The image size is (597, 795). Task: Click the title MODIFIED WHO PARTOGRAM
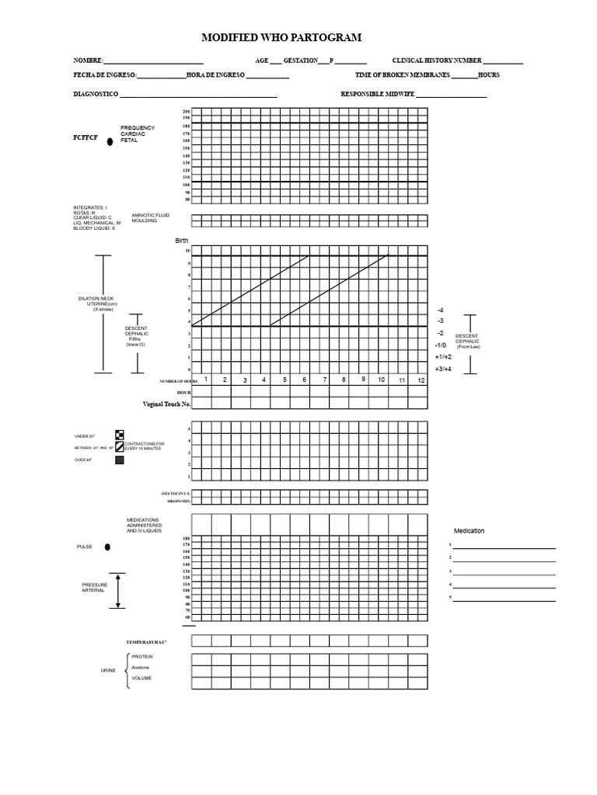pyautogui.click(x=281, y=37)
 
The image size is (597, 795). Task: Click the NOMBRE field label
pyautogui.click(x=88, y=61)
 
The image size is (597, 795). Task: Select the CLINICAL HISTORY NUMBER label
pyautogui.click(x=437, y=61)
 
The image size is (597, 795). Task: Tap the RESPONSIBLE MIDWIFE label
pyautogui.click(x=377, y=95)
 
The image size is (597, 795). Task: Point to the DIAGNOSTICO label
pyautogui.click(x=96, y=95)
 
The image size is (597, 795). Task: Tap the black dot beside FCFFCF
pyautogui.click(x=110, y=141)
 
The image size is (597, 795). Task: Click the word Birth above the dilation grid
pyautogui.click(x=183, y=241)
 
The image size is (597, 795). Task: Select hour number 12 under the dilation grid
pyautogui.click(x=421, y=380)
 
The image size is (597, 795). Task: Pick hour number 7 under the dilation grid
pyautogui.click(x=324, y=380)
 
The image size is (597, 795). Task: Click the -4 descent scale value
pyautogui.click(x=441, y=310)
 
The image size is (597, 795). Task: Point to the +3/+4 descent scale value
pyautogui.click(x=443, y=368)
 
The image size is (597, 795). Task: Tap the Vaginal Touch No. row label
pyautogui.click(x=166, y=404)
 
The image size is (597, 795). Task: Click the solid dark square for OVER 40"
pyautogui.click(x=119, y=460)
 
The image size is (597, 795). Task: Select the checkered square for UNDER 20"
pyautogui.click(x=119, y=435)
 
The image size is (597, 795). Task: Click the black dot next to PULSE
pyautogui.click(x=106, y=547)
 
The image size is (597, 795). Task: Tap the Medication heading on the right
pyautogui.click(x=469, y=530)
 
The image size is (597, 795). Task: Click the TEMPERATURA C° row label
pyautogui.click(x=147, y=642)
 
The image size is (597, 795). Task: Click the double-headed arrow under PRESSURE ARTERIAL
pyautogui.click(x=118, y=590)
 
